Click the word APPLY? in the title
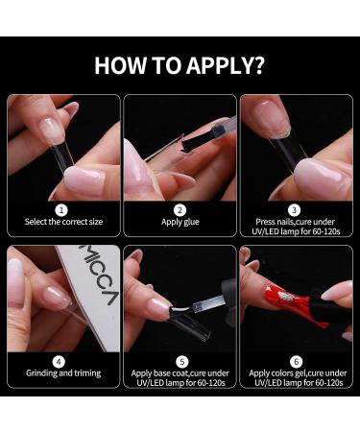(x=226, y=66)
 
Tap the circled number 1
(x=61, y=210)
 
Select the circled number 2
(x=180, y=210)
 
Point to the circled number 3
(x=294, y=210)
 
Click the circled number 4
(x=59, y=362)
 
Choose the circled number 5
(x=182, y=362)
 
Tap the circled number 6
(x=297, y=362)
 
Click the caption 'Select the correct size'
(x=63, y=222)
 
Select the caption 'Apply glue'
(x=180, y=222)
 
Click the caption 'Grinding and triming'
(x=63, y=373)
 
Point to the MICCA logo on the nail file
(x=99, y=275)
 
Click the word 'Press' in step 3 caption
(x=265, y=222)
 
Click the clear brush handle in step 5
(x=209, y=302)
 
